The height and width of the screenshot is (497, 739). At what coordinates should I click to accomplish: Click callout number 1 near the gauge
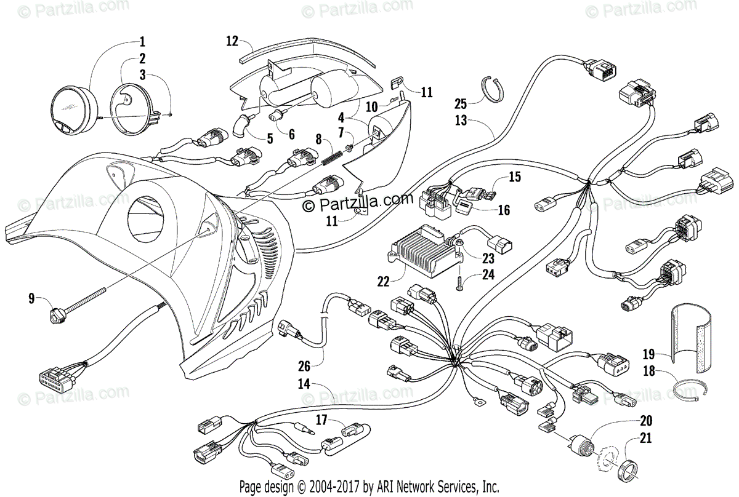click(x=142, y=42)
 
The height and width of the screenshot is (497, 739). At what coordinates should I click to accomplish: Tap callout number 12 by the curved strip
click(x=232, y=42)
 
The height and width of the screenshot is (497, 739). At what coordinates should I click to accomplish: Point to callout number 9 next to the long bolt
click(x=31, y=300)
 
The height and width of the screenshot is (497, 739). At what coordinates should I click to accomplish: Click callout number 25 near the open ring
click(x=461, y=103)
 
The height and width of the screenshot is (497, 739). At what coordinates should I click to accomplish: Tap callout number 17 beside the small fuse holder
click(x=321, y=421)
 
